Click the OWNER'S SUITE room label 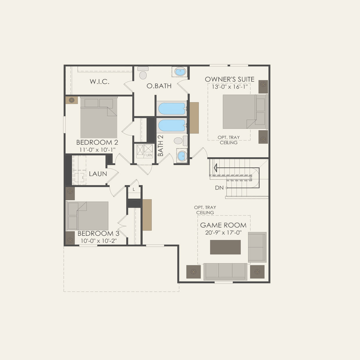point(230,79)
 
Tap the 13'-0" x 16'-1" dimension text point(230,87)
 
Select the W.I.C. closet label point(100,82)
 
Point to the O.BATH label point(159,86)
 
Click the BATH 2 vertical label point(161,146)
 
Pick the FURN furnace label point(148,155)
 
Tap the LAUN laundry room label point(98,174)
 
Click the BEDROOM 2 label point(97,142)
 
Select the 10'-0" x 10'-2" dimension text point(98,241)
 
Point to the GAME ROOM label point(223,225)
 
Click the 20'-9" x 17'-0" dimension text point(223,233)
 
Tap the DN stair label point(219,188)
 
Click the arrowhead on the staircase point(215,168)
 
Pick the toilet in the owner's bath point(143,73)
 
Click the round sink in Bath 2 point(182,156)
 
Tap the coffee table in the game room point(225,247)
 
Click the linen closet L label point(134,189)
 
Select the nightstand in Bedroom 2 point(71,100)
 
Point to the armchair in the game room point(257,247)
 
